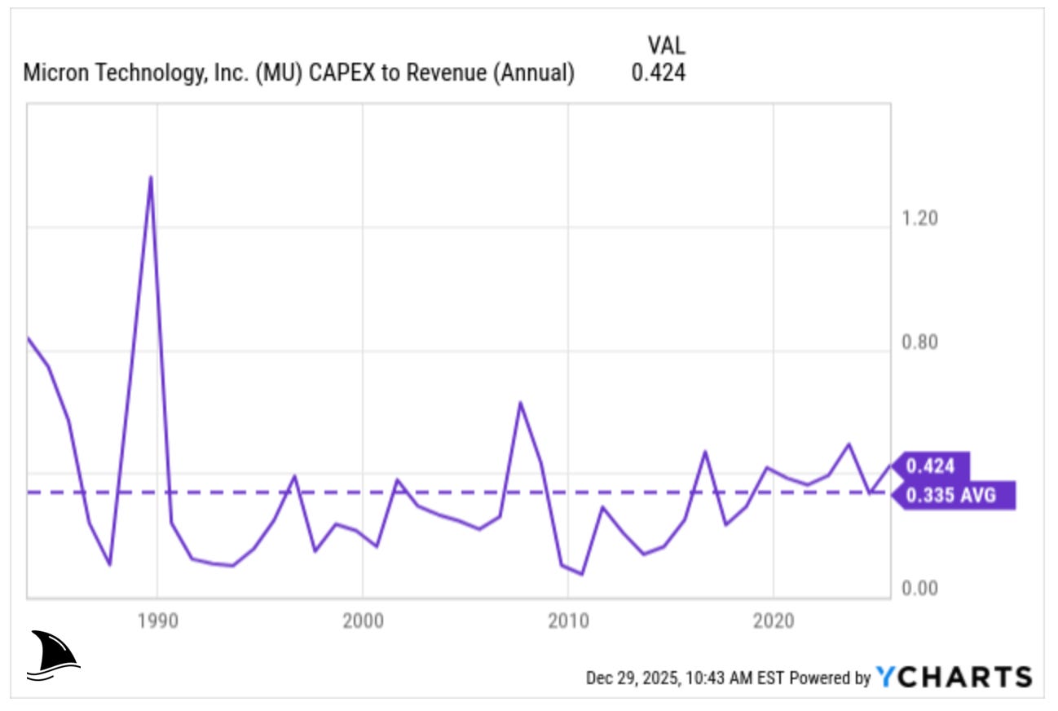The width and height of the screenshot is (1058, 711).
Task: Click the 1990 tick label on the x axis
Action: click(x=157, y=622)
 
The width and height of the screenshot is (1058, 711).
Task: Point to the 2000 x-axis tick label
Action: click(x=363, y=622)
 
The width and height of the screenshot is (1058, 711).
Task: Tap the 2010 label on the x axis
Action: click(x=568, y=622)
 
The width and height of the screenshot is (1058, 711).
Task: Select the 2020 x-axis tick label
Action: click(x=774, y=622)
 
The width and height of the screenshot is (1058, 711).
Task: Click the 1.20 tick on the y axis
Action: click(x=919, y=219)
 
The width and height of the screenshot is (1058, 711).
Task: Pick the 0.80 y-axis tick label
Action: click(x=919, y=342)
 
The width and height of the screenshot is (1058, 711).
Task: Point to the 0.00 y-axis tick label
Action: click(x=919, y=589)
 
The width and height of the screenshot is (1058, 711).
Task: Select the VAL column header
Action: click(x=666, y=44)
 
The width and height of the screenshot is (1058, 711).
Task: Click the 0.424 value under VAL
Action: click(x=659, y=73)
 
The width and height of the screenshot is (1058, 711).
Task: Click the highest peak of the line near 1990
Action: click(x=151, y=177)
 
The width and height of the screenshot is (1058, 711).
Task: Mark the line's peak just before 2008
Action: click(x=520, y=402)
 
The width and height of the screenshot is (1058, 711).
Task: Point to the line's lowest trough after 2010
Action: click(x=582, y=574)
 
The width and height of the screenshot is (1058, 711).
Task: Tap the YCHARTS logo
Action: click(x=954, y=677)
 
